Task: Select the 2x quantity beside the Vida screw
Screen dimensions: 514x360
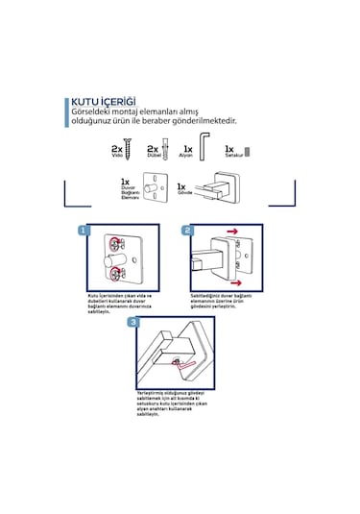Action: click(x=117, y=150)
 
